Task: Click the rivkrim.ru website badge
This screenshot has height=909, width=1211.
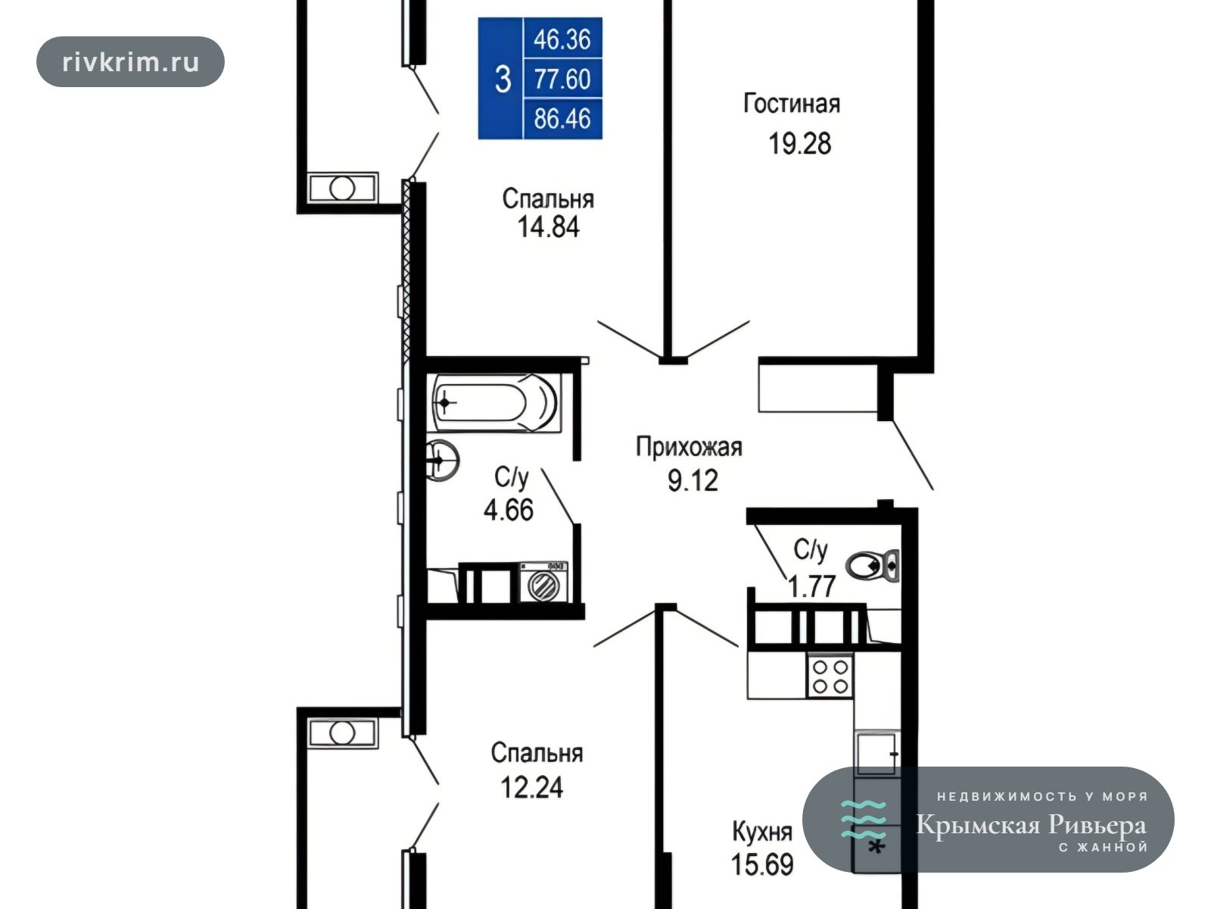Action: (130, 62)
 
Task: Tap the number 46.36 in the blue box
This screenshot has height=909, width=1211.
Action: (562, 39)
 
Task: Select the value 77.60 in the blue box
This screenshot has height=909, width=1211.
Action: (562, 79)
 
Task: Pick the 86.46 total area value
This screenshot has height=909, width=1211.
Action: (562, 119)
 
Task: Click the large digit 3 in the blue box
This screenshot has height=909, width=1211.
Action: (503, 80)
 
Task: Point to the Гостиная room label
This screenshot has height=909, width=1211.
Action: (792, 104)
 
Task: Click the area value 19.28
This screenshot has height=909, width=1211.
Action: (799, 143)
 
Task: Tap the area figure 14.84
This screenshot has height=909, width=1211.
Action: (549, 226)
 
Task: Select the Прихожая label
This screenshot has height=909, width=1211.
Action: (689, 447)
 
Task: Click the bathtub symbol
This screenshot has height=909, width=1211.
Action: (497, 402)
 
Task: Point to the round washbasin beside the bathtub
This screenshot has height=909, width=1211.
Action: (442, 461)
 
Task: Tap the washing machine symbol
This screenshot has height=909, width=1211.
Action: (543, 583)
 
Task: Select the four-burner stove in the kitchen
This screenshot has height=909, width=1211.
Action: (830, 676)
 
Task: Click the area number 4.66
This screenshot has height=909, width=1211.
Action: (509, 509)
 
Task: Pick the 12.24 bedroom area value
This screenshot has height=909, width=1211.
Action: (532, 788)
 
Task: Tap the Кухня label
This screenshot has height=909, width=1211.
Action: (762, 832)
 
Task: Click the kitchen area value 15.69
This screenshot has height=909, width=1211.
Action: (762, 865)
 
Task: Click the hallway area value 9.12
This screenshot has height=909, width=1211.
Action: (693, 480)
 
